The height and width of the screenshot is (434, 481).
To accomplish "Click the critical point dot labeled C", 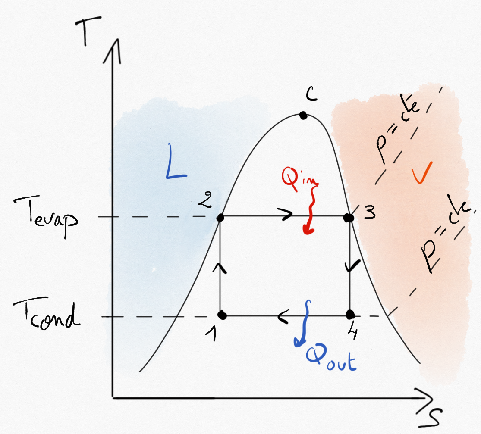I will point(303,115).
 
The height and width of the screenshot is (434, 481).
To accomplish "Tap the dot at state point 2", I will point(220,218).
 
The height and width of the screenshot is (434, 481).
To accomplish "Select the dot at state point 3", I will point(349,218).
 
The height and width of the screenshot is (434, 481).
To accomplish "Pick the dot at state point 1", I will point(222,315).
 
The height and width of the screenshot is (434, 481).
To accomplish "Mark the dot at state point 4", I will point(350,314).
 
